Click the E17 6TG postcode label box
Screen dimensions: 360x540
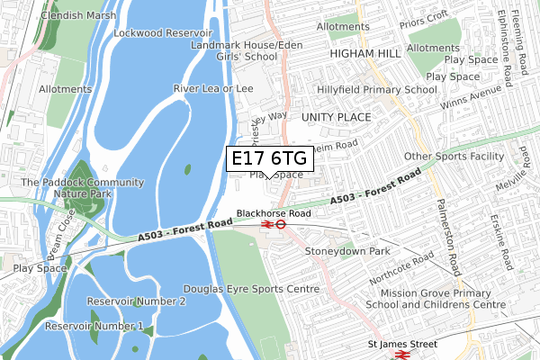(x=269, y=158)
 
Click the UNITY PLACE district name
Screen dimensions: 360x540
(x=337, y=118)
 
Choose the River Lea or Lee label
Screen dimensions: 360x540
(x=213, y=88)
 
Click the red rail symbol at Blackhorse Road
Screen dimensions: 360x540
(x=266, y=224)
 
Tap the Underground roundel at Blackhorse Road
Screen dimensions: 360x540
(x=281, y=224)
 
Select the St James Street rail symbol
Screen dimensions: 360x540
(x=400, y=355)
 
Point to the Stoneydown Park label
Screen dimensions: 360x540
(x=347, y=251)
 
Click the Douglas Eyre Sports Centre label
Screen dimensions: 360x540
(x=251, y=289)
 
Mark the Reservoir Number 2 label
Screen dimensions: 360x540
(x=136, y=301)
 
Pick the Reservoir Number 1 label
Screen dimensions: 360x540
(x=94, y=325)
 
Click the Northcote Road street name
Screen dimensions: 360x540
(x=404, y=268)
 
